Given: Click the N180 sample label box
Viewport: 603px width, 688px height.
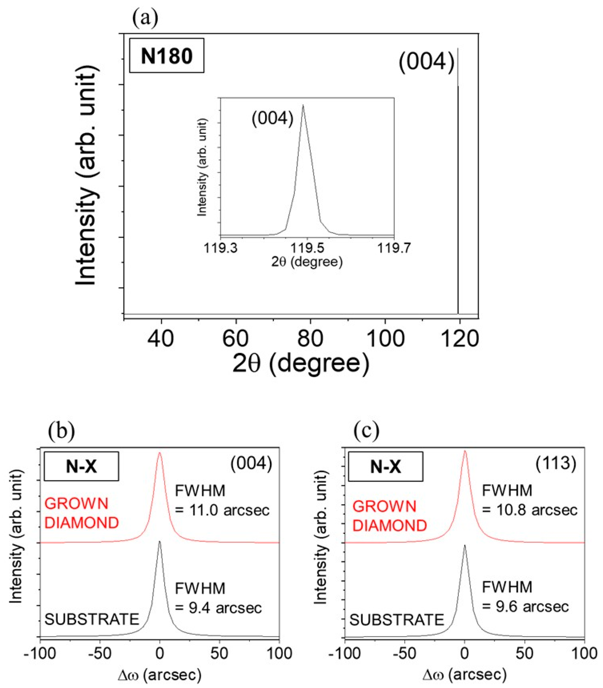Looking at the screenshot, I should click(x=166, y=56).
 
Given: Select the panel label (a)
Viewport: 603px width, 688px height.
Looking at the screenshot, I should click(x=145, y=19).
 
